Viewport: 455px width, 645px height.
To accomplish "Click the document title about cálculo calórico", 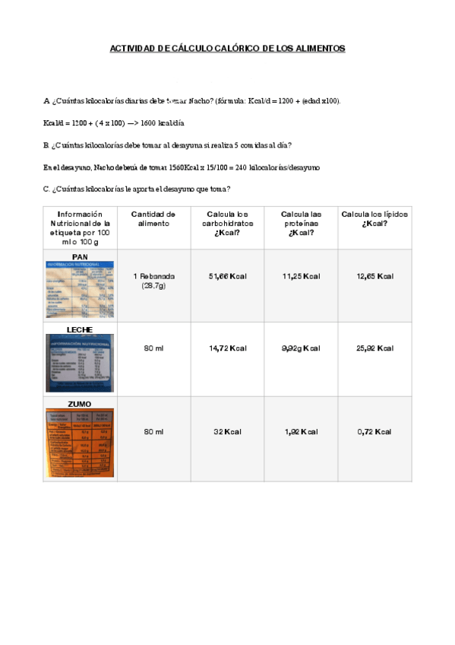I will click(227, 49).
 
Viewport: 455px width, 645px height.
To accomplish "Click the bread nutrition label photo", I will click(80, 291).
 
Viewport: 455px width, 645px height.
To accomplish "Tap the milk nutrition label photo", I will click(80, 363).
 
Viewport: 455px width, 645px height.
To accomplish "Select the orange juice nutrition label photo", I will click(80, 444).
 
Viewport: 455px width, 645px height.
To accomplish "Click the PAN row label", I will click(80, 256).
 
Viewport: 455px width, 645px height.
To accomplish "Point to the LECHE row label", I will click(80, 329).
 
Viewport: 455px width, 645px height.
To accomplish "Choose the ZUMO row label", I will click(80, 404).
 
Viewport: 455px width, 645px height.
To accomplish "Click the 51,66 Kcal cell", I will click(227, 276).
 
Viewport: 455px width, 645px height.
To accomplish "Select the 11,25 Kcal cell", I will click(301, 276).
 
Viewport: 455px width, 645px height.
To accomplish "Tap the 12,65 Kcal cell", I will click(374, 276).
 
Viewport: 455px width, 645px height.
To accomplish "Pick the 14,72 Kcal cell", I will click(227, 348).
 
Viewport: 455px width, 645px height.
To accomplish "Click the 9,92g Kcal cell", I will click(301, 348).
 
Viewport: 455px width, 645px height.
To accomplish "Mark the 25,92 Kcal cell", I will click(374, 348).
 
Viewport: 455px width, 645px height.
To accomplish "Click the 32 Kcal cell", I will click(227, 432).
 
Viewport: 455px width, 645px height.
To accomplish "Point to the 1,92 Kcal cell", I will click(301, 432).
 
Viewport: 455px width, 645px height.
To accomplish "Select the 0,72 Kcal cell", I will click(374, 432).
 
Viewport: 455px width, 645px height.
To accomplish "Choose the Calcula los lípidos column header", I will click(374, 219).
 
